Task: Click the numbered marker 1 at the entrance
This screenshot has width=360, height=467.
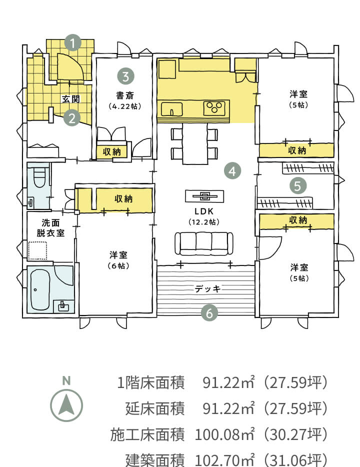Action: (x=73, y=43)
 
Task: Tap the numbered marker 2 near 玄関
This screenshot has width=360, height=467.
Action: (x=72, y=118)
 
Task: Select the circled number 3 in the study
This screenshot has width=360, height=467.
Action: (x=125, y=76)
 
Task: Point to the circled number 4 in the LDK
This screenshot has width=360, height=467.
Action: (x=232, y=171)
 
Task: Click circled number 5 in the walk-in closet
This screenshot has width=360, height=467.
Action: (x=298, y=185)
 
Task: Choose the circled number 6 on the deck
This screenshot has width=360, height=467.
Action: (x=209, y=313)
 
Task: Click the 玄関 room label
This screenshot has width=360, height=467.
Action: (x=71, y=99)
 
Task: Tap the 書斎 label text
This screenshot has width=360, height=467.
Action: (x=125, y=95)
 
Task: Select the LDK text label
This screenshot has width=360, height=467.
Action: (x=204, y=211)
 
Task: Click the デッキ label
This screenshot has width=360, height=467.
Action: (x=207, y=288)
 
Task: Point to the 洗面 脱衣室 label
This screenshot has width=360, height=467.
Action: (x=50, y=227)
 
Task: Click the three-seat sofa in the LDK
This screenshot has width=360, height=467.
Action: (x=204, y=243)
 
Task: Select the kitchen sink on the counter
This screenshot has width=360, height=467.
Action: (x=172, y=109)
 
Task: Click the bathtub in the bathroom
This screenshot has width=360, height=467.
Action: (x=40, y=290)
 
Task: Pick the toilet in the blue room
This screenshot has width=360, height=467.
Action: (x=39, y=177)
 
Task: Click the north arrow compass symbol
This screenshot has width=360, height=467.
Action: (x=66, y=405)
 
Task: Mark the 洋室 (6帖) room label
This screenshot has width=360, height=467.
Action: (x=118, y=260)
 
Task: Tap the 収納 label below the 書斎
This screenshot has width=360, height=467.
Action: (x=111, y=152)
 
